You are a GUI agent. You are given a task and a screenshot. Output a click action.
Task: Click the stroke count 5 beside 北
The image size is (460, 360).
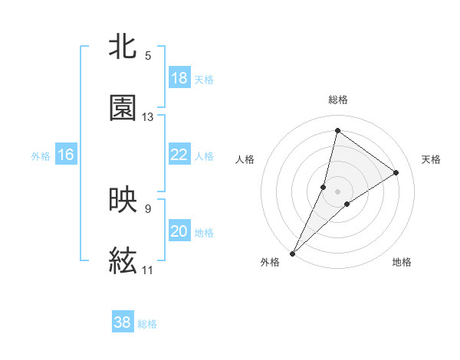[148, 56]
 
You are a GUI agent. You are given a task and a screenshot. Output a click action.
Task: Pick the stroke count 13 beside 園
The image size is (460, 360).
[148, 117]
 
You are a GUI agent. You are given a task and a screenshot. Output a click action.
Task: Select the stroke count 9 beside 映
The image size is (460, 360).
[148, 208]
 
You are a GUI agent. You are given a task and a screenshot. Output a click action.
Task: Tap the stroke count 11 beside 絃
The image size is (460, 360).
[148, 270]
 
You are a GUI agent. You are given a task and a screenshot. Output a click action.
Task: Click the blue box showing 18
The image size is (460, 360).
[179, 78]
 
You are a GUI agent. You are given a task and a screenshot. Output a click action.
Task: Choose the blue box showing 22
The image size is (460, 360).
[179, 155]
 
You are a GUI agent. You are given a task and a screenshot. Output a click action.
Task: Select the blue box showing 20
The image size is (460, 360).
[179, 231]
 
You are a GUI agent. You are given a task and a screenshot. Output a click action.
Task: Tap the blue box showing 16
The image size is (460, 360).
[66, 155]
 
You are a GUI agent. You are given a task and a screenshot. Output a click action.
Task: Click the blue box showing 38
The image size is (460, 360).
[123, 322]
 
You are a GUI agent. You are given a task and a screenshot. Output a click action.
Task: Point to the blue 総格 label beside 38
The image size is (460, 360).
[148, 324]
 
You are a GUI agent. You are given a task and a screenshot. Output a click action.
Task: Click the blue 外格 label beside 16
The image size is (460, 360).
[41, 156]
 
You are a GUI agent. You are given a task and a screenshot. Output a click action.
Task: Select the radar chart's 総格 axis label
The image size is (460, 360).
[338, 100]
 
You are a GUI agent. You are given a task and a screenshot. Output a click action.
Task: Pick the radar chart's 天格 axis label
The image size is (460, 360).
[432, 159]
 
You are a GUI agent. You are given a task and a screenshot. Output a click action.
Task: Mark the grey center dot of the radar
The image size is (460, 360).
[338, 191]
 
